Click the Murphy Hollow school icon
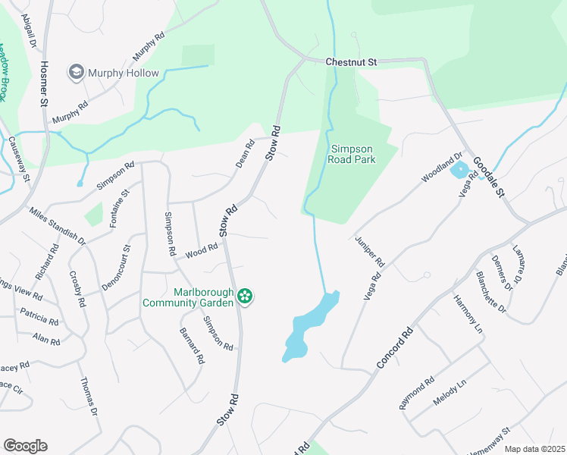77,73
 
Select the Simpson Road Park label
352,154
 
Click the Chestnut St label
351,62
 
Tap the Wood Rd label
202,249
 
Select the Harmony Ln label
467,313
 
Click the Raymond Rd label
418,393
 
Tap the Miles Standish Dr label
57,225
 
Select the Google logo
25,446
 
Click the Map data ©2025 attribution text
534,449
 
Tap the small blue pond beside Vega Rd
459,170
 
